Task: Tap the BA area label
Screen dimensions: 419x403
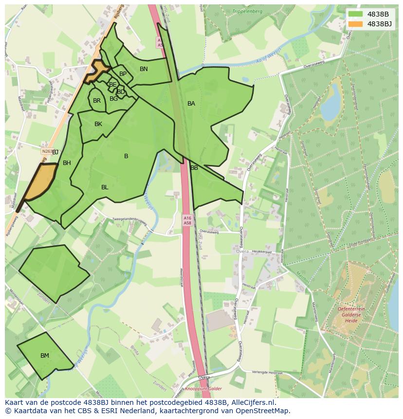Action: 191,104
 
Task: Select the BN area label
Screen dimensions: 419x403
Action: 144,69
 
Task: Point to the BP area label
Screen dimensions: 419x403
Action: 123,74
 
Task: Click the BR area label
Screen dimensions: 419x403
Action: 97,101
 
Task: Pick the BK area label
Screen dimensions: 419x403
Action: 98,124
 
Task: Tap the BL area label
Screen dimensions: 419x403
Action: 105,187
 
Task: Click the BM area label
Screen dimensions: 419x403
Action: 45,356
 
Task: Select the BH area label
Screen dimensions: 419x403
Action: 67,163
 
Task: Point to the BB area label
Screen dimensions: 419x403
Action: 194,168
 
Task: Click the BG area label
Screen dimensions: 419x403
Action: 113,99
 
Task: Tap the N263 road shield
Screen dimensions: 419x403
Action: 47,151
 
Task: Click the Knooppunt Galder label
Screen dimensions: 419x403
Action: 202,389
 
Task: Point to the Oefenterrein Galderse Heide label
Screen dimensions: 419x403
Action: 351,314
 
